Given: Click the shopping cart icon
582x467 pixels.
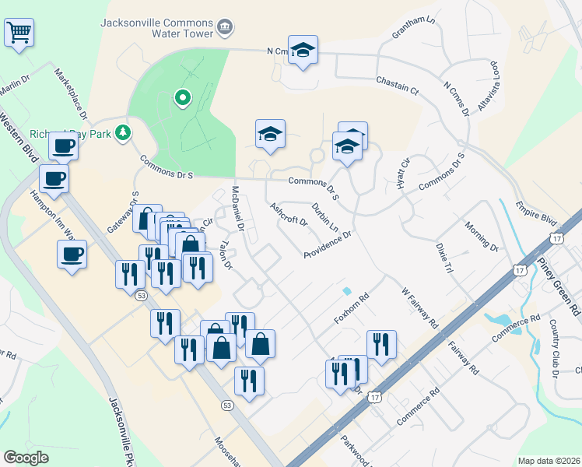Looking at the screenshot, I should pyautogui.click(x=20, y=33).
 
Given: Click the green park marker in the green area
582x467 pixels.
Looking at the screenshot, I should pyautogui.click(x=182, y=98).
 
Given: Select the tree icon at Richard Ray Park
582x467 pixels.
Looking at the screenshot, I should pyautogui.click(x=122, y=133).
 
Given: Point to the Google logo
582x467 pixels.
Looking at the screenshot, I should pyautogui.click(x=26, y=458).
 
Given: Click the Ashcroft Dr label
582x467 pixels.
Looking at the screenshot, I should pyautogui.click(x=289, y=215).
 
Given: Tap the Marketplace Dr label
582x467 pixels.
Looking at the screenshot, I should pyautogui.click(x=68, y=92).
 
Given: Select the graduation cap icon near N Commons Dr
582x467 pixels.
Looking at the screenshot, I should pyautogui.click(x=303, y=51).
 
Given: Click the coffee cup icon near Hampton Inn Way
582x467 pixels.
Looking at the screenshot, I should pyautogui.click(x=72, y=254).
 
